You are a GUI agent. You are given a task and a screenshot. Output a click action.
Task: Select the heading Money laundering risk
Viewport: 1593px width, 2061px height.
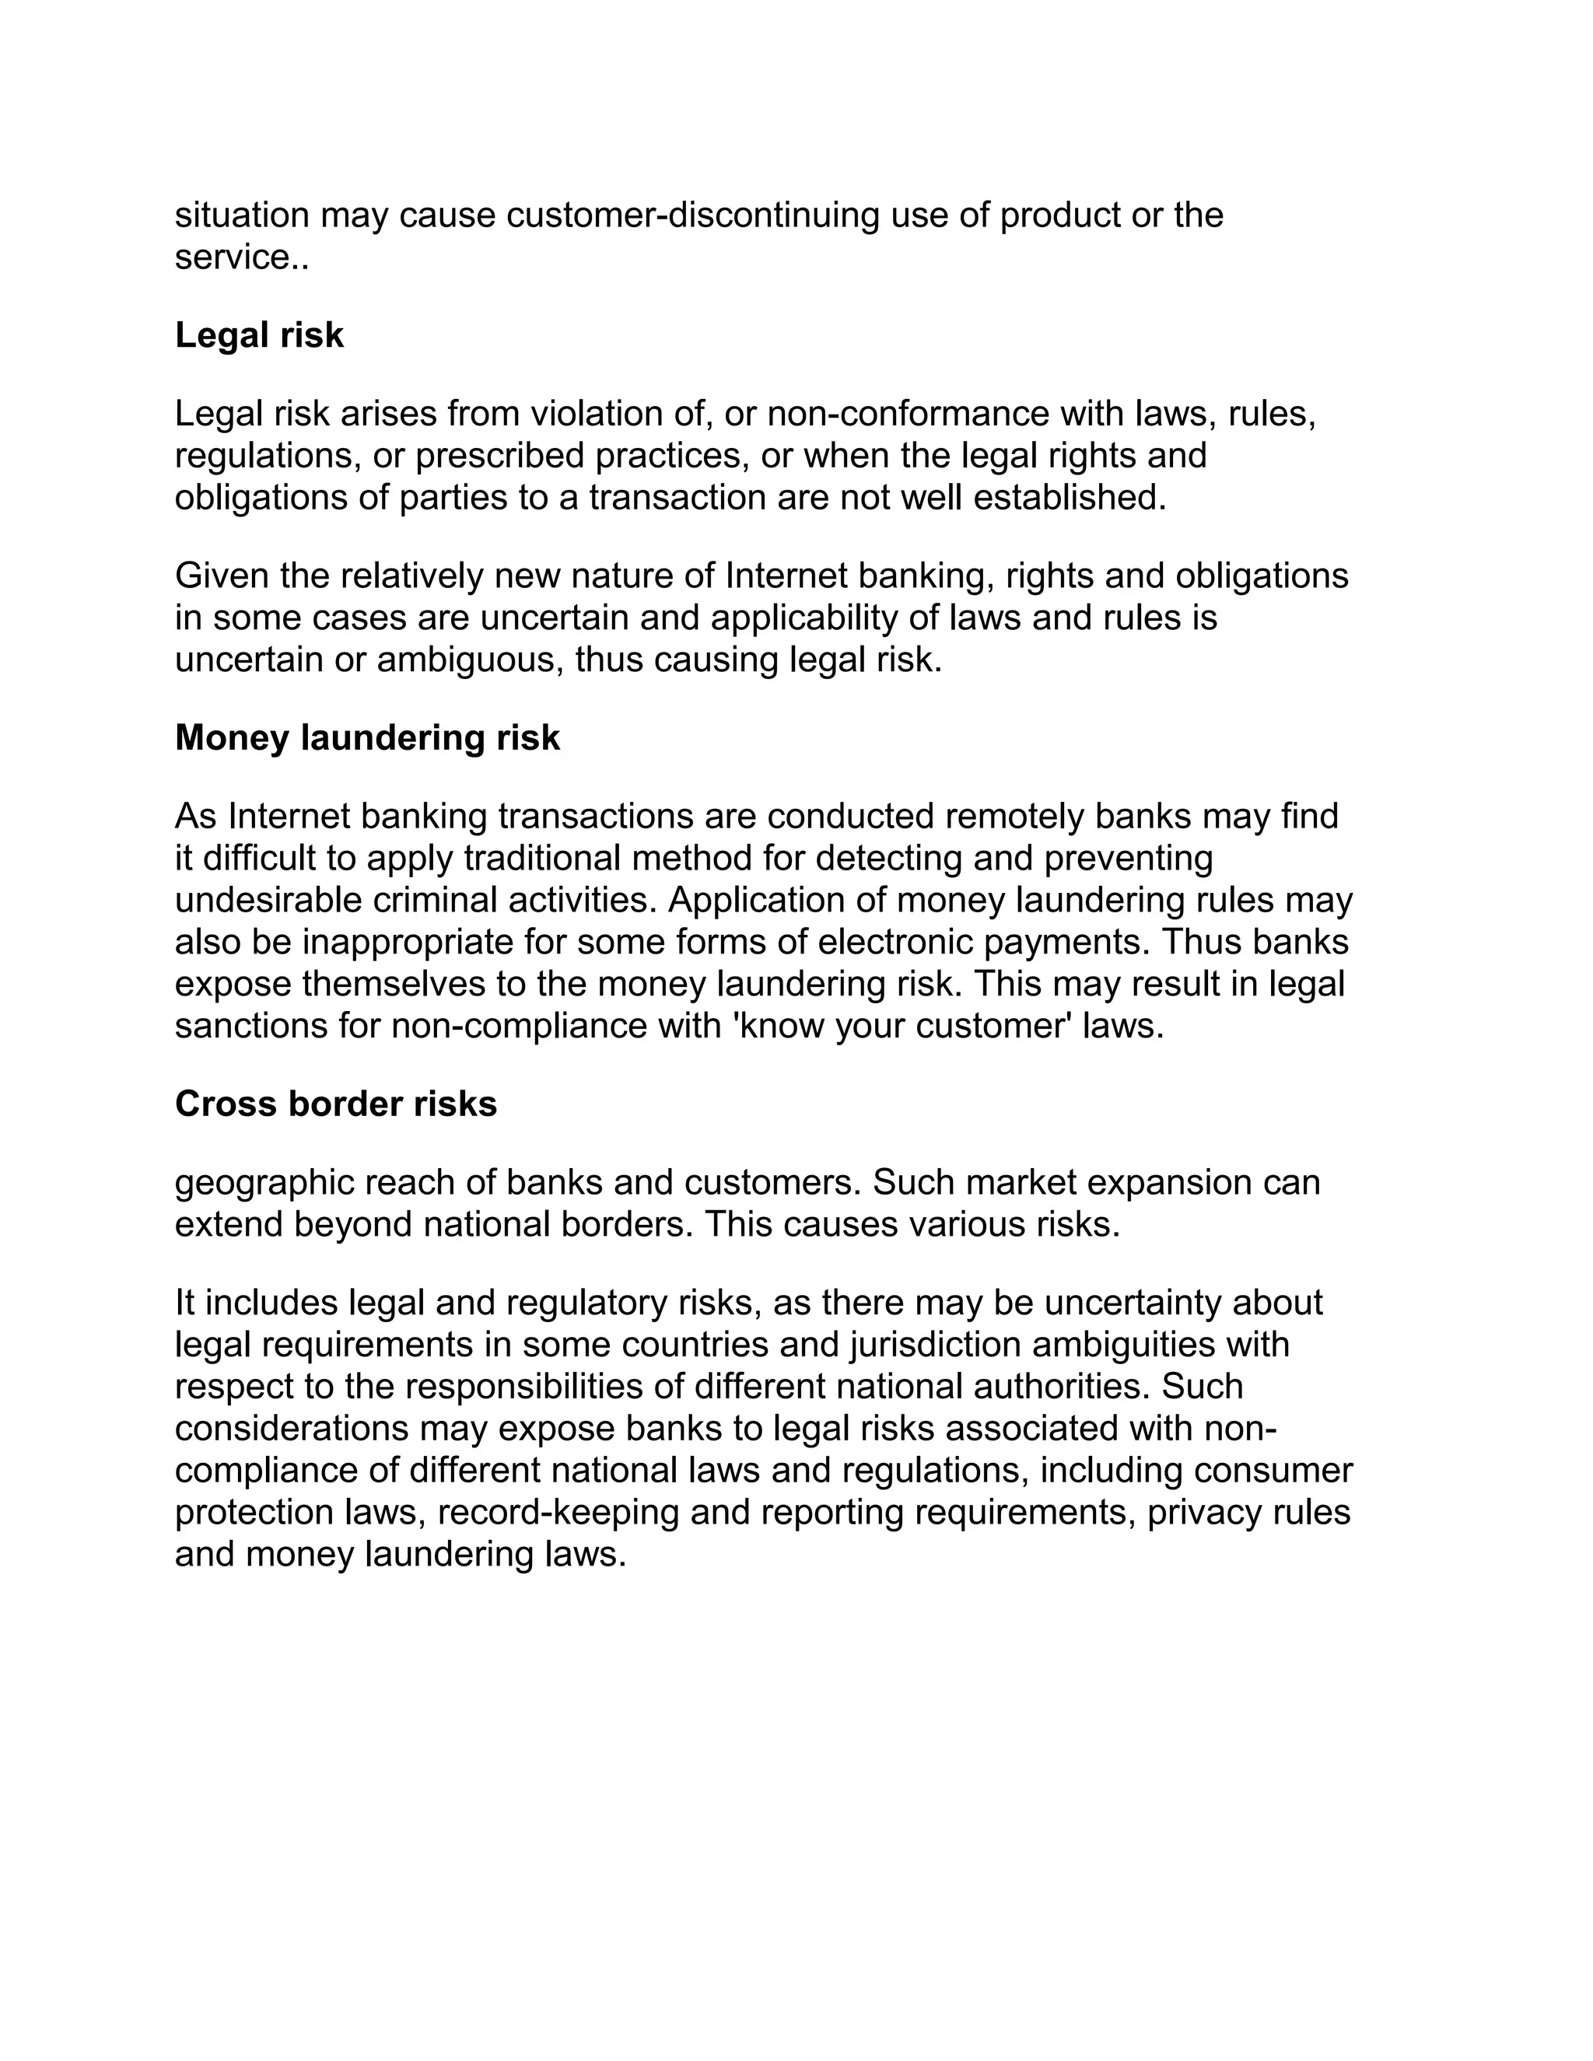click(x=367, y=738)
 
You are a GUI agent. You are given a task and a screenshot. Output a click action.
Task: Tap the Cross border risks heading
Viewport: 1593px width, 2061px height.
click(x=335, y=1104)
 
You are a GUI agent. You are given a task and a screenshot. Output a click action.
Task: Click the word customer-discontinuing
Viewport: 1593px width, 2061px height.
click(x=693, y=216)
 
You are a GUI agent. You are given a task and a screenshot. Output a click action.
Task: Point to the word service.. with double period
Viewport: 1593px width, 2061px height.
click(x=242, y=257)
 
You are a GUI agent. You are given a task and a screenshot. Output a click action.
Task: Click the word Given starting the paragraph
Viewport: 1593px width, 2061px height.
click(x=222, y=576)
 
